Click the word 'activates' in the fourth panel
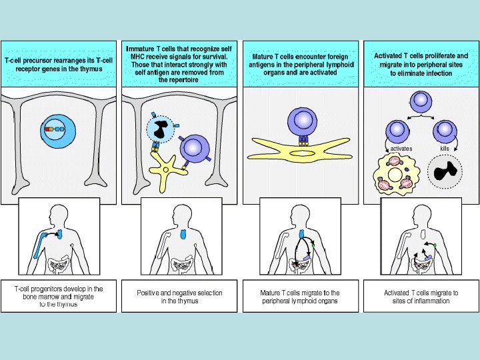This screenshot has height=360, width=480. (401, 148)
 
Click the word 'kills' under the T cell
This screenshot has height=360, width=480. (445, 148)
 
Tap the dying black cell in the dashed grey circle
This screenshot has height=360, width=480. (445, 172)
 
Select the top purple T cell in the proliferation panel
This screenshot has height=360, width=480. (421, 101)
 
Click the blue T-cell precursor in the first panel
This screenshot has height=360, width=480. (54, 129)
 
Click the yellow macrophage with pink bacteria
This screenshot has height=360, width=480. (399, 175)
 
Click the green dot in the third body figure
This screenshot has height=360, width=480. (315, 245)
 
